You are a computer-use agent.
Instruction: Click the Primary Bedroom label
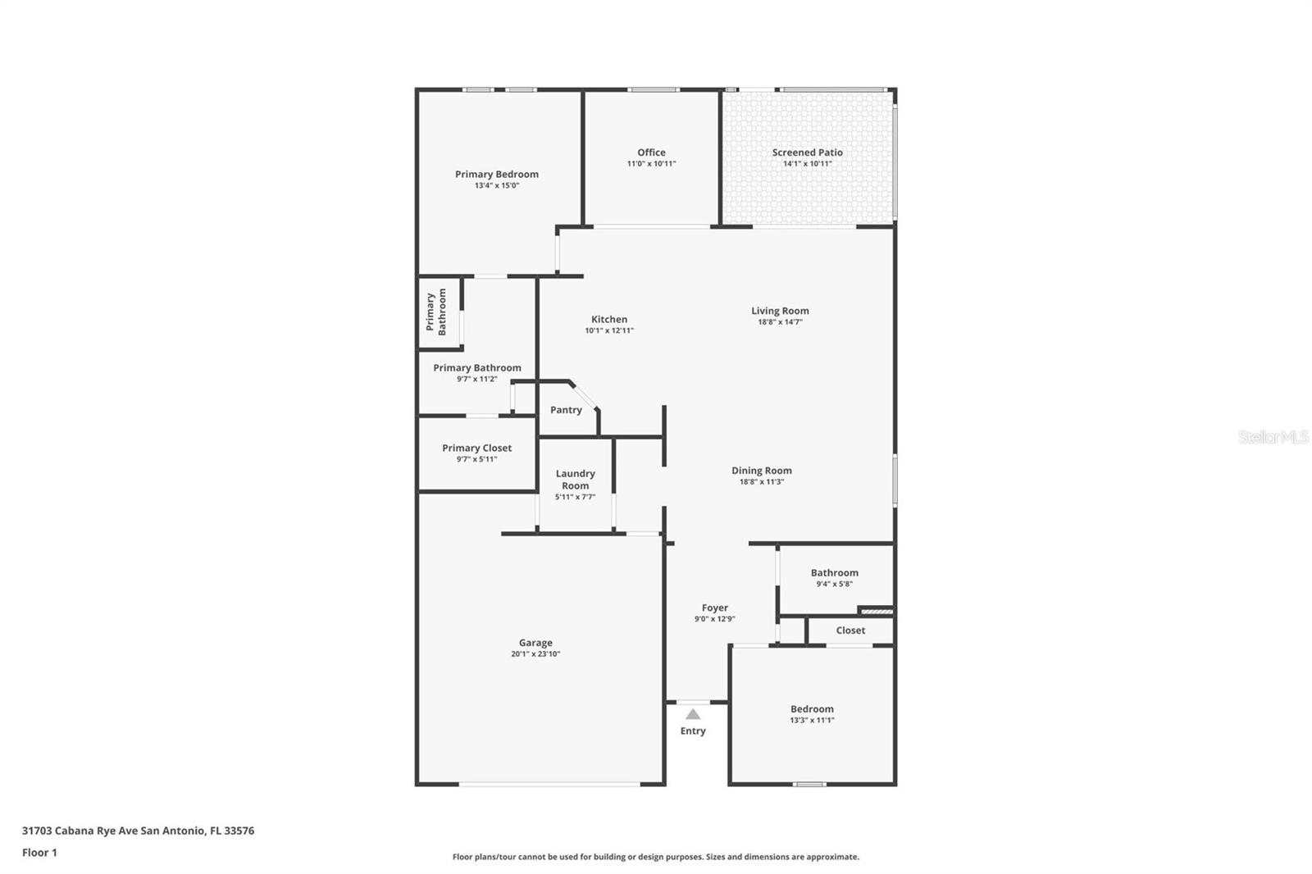(497, 174)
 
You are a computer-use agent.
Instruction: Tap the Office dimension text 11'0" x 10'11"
(651, 164)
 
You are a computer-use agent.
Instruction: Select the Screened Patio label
(807, 152)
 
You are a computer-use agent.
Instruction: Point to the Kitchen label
(609, 320)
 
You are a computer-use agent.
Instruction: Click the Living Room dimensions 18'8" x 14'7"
(780, 322)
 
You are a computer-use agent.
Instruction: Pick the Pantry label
(566, 410)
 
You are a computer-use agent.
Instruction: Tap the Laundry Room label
(575, 479)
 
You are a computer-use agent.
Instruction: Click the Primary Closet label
(476, 448)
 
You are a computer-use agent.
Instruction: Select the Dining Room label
(762, 471)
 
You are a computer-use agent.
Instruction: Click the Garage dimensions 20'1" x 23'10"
(535, 654)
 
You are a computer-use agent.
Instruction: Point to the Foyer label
(714, 608)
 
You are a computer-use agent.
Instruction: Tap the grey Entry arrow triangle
(693, 714)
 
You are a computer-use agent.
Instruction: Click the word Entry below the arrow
(693, 731)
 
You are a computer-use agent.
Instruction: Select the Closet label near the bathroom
(850, 630)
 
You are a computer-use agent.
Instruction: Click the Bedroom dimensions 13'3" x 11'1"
(812, 721)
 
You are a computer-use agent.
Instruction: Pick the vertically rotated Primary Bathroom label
(435, 312)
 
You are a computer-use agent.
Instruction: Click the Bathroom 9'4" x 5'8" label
(834, 573)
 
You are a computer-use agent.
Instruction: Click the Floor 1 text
(39, 853)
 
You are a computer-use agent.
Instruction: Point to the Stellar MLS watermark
(1273, 437)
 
